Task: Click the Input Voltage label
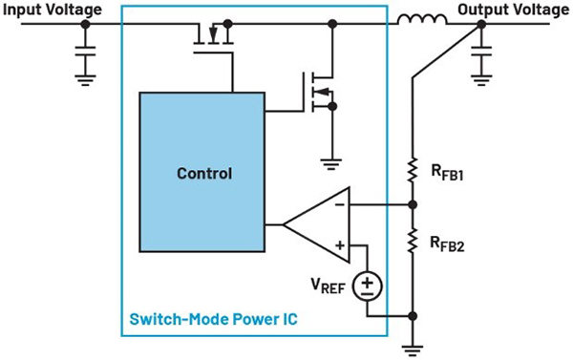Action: point(53,10)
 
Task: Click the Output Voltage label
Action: point(514,10)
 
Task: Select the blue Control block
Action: point(202,172)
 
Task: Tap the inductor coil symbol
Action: point(422,19)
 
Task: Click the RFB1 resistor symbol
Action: point(413,170)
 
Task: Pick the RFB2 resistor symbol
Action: point(413,240)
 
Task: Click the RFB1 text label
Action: point(448,173)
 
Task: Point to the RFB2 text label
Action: point(448,244)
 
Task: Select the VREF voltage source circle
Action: point(368,286)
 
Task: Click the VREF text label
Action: point(329,286)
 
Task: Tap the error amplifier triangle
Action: point(316,224)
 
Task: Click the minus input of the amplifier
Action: point(340,204)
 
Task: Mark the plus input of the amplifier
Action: point(340,244)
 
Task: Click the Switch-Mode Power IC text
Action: point(214,319)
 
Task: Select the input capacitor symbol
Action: point(86,52)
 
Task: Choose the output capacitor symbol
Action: point(481,52)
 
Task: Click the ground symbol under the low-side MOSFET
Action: point(331,164)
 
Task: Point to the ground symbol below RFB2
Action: point(413,350)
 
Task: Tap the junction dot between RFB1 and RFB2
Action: point(413,205)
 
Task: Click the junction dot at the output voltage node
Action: point(481,24)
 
